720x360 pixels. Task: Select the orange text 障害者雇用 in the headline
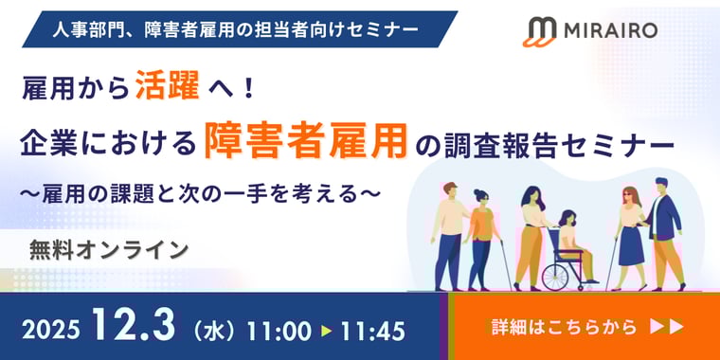(306, 145)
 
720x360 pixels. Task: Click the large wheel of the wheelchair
(560, 273)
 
